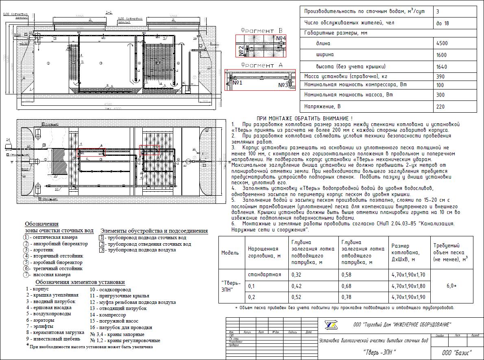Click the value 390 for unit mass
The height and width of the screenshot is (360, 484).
point(440,76)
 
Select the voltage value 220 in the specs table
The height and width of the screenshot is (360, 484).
point(440,107)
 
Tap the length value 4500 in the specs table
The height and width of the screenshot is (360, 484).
point(442,43)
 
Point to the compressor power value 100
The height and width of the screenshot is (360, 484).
point(440,85)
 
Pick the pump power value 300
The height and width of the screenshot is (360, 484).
point(440,95)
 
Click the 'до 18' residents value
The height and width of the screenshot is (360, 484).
point(443,23)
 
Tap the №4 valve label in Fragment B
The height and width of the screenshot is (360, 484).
point(281,38)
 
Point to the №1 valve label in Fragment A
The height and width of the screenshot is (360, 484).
point(238,83)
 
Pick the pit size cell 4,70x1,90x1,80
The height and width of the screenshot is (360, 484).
point(408,286)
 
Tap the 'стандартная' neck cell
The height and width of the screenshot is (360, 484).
point(264,275)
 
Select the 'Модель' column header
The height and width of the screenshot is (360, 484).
point(230,253)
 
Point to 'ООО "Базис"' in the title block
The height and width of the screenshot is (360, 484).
point(457,352)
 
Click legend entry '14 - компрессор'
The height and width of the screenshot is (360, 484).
point(108,315)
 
